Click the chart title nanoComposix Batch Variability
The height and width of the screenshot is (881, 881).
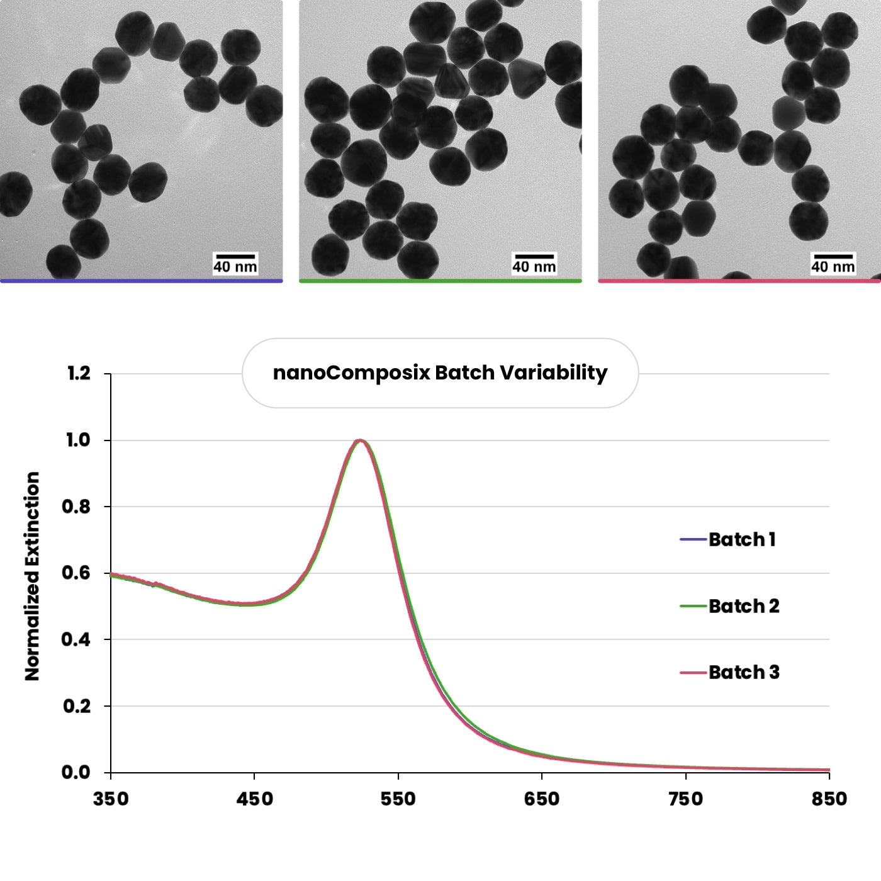tap(440, 373)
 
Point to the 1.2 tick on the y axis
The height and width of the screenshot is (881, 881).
tap(79, 374)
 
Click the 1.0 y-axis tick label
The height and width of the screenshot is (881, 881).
tap(79, 440)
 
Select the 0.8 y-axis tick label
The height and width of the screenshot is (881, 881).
tap(76, 507)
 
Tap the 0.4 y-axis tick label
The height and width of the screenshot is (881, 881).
tap(76, 639)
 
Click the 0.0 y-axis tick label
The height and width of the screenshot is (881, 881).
tap(76, 772)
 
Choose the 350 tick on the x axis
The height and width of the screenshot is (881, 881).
tap(111, 799)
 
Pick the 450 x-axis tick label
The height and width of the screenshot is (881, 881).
tap(254, 799)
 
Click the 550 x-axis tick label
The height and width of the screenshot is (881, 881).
tap(398, 799)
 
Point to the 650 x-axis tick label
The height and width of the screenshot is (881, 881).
tap(542, 799)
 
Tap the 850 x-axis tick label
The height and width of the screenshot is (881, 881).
tap(829, 799)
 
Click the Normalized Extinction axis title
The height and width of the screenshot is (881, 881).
tap(32, 576)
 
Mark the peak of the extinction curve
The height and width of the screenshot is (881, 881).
tap(359, 441)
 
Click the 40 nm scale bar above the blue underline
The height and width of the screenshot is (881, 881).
tap(235, 257)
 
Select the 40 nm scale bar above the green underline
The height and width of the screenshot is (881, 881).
tap(534, 257)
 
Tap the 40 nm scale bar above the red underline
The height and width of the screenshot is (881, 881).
tap(833, 257)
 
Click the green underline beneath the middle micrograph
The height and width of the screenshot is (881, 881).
tap(440, 281)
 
